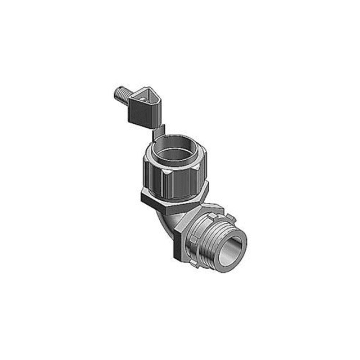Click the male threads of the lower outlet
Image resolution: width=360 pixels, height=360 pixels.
pyautogui.click(x=219, y=247)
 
